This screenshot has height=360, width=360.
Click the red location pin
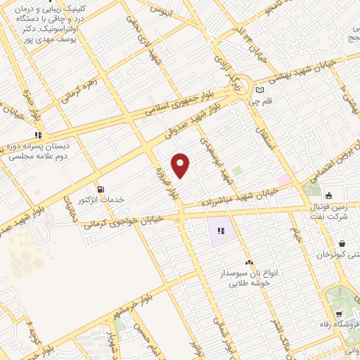tap(181, 165)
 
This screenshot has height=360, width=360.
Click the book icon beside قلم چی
tap(260, 90)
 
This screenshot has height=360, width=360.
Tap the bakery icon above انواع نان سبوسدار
tap(248, 262)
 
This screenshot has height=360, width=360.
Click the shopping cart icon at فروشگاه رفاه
tap(339, 314)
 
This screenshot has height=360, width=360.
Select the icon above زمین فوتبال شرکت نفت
tap(328, 195)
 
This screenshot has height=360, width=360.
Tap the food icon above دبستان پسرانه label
tap(39, 135)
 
